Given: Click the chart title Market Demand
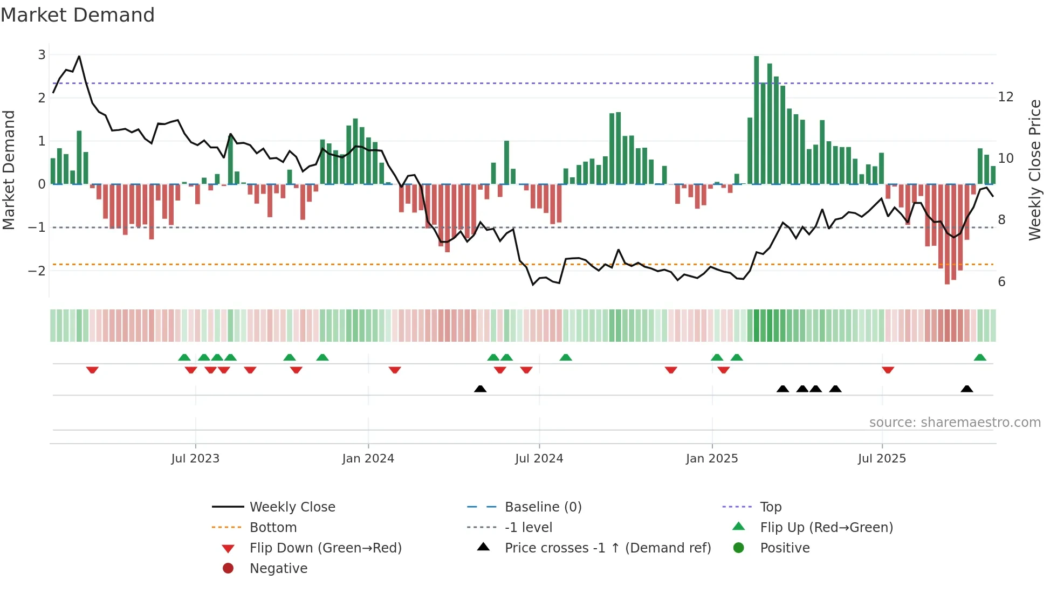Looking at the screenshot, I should pos(78,15).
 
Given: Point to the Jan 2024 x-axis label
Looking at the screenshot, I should pos(368,458).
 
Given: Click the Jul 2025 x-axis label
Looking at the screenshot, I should pos(882,458).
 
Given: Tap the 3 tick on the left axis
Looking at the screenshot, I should pos(42,54).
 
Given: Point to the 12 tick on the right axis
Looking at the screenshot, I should pos(1006,97).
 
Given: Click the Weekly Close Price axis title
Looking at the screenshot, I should pos(1034,170).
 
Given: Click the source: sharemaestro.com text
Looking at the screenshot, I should pos(955,422).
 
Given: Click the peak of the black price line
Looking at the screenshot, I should pos(79,56).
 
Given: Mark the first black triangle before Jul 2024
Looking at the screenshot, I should pos(480,389).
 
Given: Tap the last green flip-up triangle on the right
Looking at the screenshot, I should pos(980,357).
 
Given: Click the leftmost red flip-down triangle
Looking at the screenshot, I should pos(92,370).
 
